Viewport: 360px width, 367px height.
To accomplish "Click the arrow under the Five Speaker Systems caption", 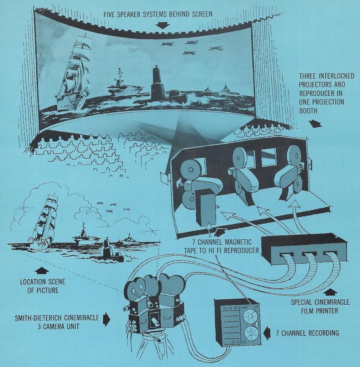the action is [163, 25].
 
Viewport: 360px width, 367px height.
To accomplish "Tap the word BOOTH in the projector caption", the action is [308, 111].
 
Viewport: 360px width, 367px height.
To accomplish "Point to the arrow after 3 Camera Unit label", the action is [107, 319].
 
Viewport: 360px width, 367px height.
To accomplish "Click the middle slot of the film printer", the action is [309, 254].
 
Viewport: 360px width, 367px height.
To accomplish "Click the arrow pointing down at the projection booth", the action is [315, 123].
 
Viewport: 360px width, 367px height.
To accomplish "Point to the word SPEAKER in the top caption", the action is [130, 14].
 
